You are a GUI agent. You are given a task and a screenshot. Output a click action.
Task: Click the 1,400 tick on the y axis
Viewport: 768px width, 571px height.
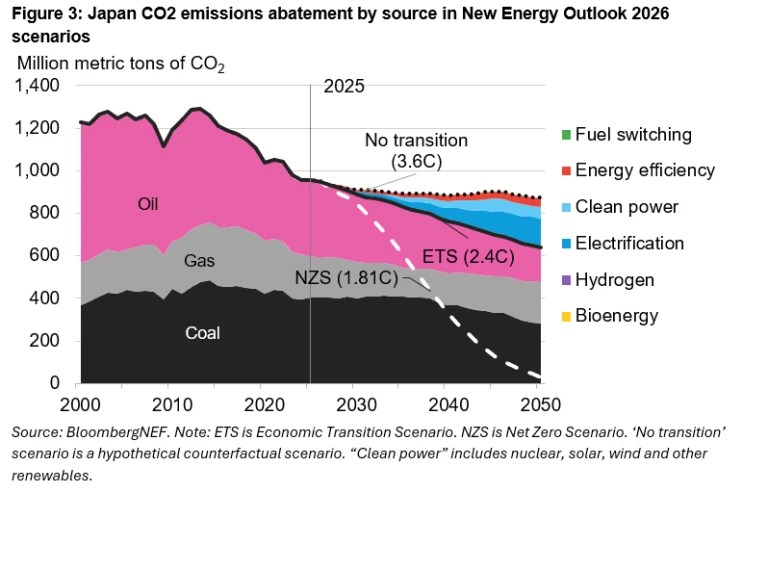[37, 85]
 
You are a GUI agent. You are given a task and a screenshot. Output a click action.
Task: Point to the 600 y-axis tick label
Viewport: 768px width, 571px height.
[44, 255]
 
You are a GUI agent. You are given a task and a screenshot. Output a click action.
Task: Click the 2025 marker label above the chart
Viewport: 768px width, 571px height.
[344, 86]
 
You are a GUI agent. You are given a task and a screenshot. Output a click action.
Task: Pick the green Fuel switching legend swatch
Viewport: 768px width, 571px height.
[566, 134]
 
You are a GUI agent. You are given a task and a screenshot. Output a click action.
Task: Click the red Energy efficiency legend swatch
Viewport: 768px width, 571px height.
[566, 170]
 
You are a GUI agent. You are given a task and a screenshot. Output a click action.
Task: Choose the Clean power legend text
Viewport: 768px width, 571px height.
[627, 207]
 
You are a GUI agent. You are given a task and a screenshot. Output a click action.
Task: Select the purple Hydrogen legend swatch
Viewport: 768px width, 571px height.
[566, 280]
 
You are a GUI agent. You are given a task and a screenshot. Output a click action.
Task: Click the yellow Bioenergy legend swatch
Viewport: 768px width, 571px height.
[566, 316]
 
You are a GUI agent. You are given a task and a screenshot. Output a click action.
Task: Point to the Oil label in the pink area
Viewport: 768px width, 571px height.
[148, 204]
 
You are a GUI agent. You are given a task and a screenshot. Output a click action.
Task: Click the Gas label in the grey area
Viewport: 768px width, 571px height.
[199, 261]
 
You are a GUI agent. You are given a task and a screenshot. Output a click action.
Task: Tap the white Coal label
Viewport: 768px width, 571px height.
[203, 333]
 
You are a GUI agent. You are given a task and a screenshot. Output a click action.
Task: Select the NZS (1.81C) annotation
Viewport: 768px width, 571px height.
[347, 278]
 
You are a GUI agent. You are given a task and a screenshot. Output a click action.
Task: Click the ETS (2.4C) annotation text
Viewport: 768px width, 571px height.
[468, 257]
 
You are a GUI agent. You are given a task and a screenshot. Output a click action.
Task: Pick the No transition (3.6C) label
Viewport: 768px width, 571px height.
[416, 150]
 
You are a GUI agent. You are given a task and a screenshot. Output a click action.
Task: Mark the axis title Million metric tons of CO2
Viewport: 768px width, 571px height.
[121, 64]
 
